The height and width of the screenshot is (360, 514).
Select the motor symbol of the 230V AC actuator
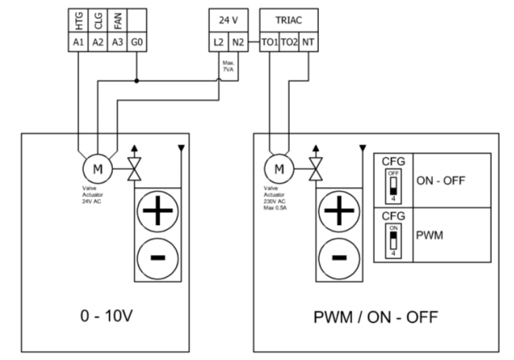(279, 167)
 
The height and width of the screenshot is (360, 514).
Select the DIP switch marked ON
(392, 239)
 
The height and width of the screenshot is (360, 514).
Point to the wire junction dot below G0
(137, 81)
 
